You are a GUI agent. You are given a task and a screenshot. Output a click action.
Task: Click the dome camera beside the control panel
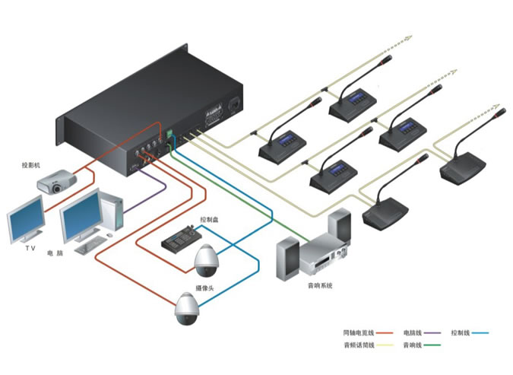(206, 262)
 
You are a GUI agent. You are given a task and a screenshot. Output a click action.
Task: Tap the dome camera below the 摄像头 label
(185, 310)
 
